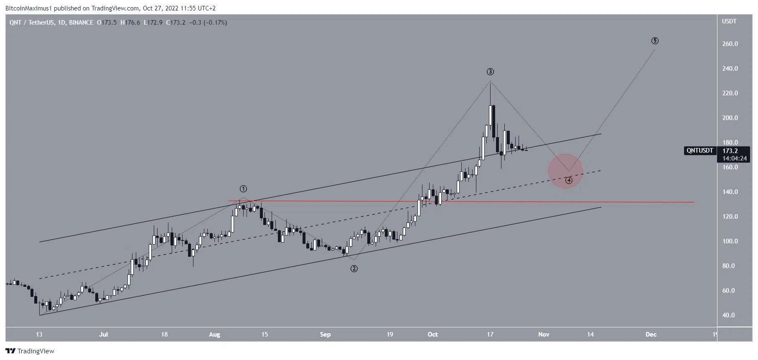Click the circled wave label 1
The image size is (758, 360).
pos(243,189)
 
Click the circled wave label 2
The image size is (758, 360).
pos(354,268)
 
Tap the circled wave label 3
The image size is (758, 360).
pos(490,72)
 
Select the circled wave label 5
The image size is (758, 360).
pos(655,41)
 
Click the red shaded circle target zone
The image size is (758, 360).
pos(565,171)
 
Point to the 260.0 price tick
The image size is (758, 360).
pos(730,44)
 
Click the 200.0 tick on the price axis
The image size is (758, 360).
pos(730,118)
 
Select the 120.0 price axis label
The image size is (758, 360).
pos(730,217)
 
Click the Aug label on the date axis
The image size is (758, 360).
pos(214,334)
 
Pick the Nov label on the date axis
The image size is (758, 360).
pos(544,334)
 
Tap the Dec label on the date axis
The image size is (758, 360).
pos(651,334)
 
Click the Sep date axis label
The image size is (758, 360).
pos(325,334)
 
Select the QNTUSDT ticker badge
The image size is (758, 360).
pos(699,151)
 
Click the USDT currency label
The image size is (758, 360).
pos(729,21)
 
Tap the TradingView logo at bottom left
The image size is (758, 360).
pos(30,351)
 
